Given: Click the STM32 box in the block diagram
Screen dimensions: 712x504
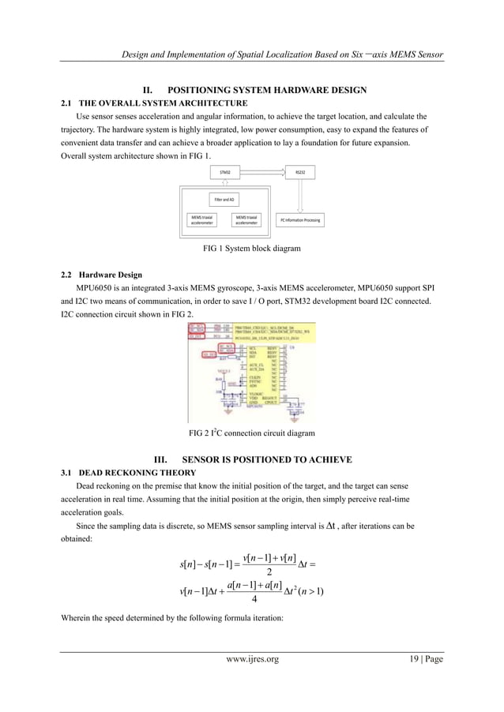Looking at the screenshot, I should click(x=225, y=172).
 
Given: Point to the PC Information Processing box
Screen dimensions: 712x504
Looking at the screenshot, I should click(x=300, y=220).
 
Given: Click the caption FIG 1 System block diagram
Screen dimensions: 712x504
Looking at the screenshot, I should click(x=252, y=249).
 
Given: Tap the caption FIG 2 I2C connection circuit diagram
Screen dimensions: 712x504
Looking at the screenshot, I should click(x=252, y=433).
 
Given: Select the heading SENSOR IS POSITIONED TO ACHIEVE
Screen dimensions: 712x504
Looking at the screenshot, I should click(x=267, y=459).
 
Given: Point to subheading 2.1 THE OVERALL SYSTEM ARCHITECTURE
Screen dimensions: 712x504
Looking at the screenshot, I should click(x=154, y=103).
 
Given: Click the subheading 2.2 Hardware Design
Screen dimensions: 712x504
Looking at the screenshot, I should click(x=101, y=275).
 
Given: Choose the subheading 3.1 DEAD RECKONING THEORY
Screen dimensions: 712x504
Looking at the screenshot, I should click(x=128, y=473).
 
